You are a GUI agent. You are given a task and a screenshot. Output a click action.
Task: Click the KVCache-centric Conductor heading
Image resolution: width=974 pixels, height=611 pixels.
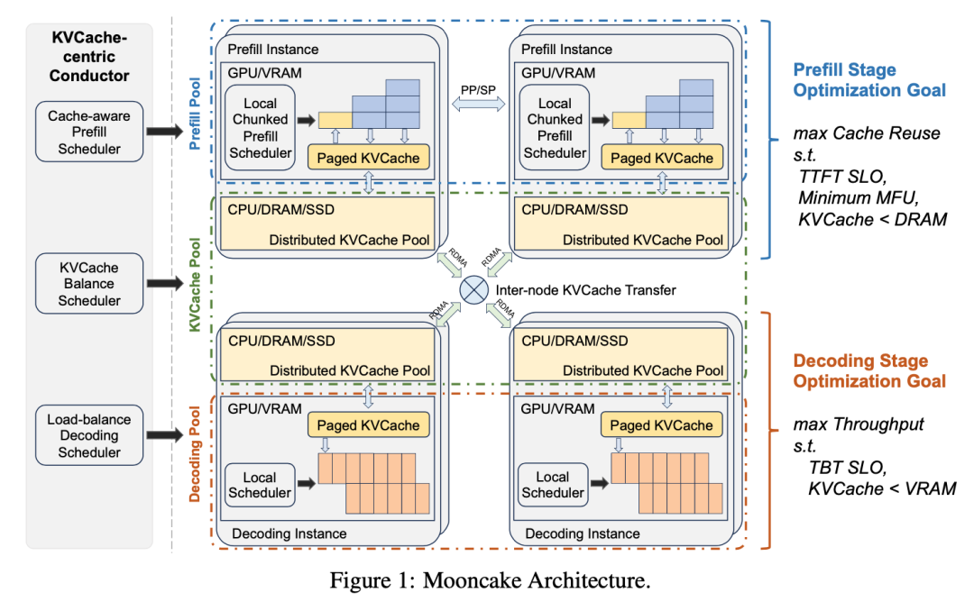coord(89,57)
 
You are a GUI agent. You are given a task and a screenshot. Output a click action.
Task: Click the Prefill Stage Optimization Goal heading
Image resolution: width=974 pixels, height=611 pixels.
coord(869,78)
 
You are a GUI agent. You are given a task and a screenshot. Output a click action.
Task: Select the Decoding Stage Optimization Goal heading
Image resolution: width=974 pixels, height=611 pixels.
coord(869,370)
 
